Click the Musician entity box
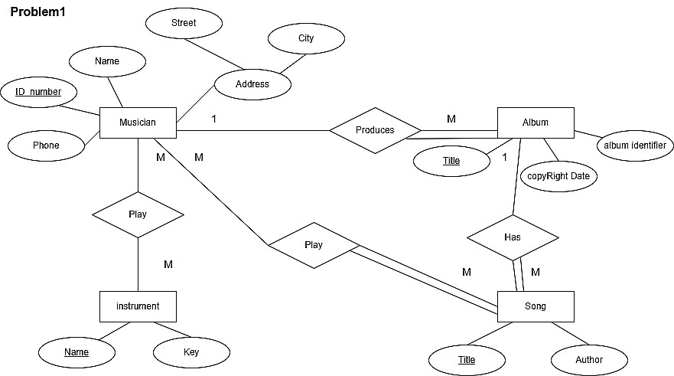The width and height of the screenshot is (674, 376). tap(138, 123)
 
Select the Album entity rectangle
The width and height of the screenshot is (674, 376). tap(536, 123)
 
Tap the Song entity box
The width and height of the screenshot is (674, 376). tap(536, 306)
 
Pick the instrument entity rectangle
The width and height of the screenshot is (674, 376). tap(138, 306)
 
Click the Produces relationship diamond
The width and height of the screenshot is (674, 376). tap(375, 130)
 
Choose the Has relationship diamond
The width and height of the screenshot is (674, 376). tap(513, 237)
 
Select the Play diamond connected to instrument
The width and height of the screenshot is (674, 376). tap(138, 214)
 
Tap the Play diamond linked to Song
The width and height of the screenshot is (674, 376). tap(314, 245)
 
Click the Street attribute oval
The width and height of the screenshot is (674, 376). tap(184, 23)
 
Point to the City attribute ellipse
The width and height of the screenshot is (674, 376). tap(306, 38)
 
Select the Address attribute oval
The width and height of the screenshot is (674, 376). tap(252, 84)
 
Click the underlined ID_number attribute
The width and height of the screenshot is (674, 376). tap(38, 92)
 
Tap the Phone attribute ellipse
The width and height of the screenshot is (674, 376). tap(46, 145)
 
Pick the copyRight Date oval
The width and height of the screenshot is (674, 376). tap(558, 176)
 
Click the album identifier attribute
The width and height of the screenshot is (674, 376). tap(634, 145)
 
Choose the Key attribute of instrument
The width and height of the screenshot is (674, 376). tap(191, 352)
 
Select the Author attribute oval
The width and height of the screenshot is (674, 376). tap(589, 360)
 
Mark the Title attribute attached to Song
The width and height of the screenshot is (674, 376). tap(467, 360)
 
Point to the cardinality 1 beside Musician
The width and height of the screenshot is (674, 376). tap(214, 119)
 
